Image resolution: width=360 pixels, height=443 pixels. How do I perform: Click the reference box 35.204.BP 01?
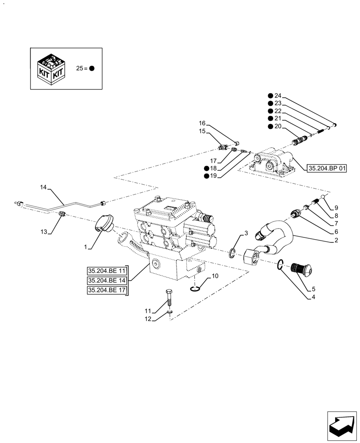click(x=327, y=168)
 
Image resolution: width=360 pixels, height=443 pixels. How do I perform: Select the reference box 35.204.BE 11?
click(x=107, y=271)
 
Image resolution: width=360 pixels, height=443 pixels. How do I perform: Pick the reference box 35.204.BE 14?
click(x=107, y=281)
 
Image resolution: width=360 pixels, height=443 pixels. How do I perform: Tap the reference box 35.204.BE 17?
click(x=107, y=291)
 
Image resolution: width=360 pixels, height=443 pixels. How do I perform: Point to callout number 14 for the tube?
click(x=43, y=188)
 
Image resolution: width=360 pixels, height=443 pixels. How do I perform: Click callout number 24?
click(x=278, y=96)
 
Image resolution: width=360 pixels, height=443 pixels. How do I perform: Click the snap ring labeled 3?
click(x=233, y=253)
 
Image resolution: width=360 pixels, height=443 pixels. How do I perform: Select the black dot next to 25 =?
click(x=92, y=69)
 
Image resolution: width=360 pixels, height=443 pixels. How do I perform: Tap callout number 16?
click(x=202, y=123)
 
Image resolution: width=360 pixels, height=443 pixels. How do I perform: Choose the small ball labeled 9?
click(x=325, y=196)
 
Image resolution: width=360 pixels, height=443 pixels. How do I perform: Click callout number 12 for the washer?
click(x=148, y=319)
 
